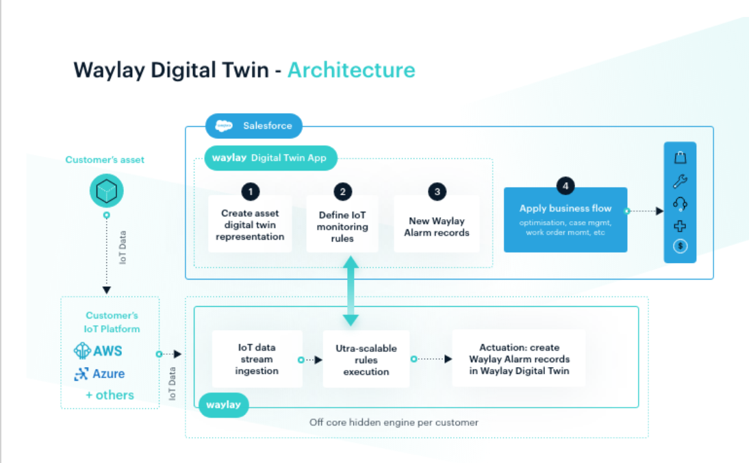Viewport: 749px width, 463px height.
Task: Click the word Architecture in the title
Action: (x=351, y=70)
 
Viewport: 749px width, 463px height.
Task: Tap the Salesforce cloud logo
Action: (x=224, y=126)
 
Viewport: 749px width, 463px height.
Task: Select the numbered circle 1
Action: (x=250, y=191)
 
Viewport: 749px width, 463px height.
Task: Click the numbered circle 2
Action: (x=342, y=191)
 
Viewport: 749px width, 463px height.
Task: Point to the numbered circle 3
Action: (x=437, y=191)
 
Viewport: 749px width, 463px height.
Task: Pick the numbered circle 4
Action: (x=565, y=185)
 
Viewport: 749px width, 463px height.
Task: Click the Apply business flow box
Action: (x=565, y=220)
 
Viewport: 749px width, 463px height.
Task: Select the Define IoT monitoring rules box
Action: (x=342, y=227)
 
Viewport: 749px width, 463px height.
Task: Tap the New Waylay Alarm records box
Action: (x=437, y=227)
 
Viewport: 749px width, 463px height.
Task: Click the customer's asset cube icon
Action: (x=106, y=191)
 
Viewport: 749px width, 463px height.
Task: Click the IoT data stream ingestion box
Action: (x=257, y=359)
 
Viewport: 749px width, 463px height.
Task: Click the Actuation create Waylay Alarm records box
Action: (x=519, y=359)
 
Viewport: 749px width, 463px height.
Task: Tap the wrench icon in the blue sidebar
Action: (x=680, y=182)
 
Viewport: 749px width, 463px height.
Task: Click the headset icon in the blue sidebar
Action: (x=680, y=203)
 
